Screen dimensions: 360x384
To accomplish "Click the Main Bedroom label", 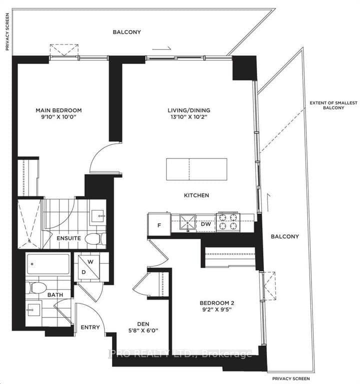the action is coord(59,110).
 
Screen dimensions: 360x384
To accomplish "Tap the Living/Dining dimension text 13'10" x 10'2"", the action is coord(189,117).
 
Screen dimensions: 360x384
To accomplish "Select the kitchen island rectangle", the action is coord(196,169).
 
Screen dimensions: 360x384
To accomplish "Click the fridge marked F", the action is coord(159,224).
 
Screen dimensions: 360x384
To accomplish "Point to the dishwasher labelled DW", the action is coord(205,224).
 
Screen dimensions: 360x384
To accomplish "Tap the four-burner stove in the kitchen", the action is coord(228,221).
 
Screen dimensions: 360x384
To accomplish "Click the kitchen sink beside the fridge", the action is coord(187,223).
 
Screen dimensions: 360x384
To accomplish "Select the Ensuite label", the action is coord(69,238).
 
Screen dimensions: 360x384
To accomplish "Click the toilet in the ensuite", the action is coord(95,238).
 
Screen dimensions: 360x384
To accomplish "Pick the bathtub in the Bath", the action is coord(48,264).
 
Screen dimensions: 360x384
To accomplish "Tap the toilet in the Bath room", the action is coord(36,287).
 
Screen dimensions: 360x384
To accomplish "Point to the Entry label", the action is coord(90,327).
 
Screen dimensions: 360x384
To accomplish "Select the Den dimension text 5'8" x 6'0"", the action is coord(143,330).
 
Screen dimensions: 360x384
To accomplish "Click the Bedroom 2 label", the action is coord(216,302).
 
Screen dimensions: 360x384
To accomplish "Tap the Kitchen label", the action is coord(196,195).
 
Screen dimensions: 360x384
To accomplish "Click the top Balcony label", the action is coord(126,32).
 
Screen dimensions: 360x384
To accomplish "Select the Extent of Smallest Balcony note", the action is coord(333,105).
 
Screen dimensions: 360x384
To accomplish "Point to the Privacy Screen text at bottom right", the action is coord(291,378).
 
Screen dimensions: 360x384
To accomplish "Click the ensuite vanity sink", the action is coord(97,216).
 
